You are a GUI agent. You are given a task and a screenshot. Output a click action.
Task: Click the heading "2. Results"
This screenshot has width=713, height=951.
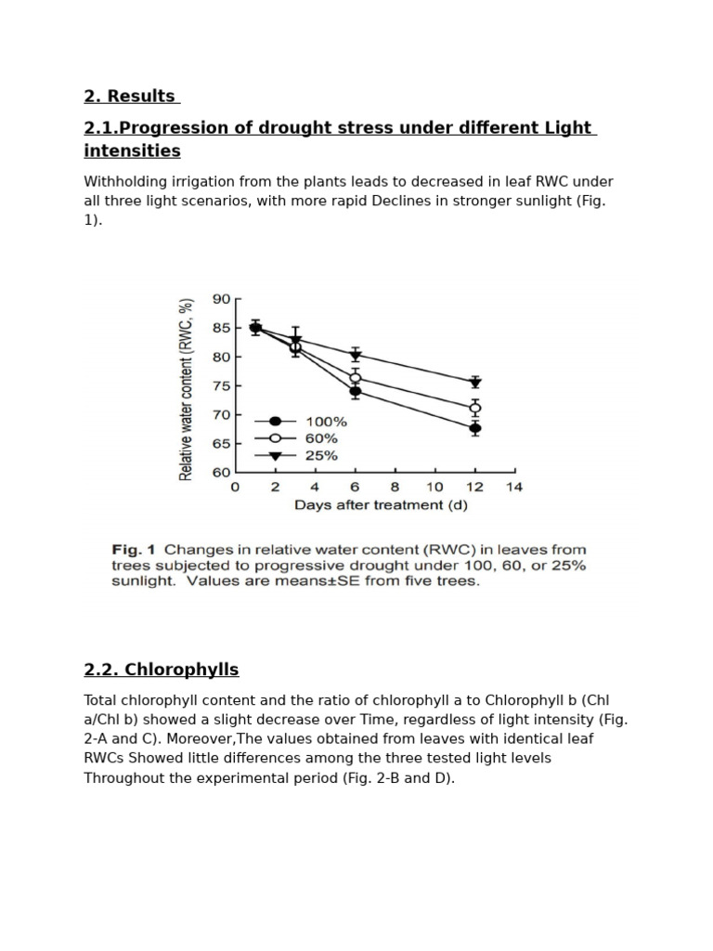[x=129, y=96]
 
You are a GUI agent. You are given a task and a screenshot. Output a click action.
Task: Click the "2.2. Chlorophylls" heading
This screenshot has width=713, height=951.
[x=161, y=670]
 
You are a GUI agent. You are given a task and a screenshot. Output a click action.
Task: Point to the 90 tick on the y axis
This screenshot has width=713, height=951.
[x=221, y=299]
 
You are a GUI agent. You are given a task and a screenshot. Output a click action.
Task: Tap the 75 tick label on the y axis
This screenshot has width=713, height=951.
[x=221, y=385]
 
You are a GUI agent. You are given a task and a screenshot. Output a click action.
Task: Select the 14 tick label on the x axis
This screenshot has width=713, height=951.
[x=513, y=487]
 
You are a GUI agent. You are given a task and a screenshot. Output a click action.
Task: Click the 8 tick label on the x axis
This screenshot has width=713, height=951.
[x=395, y=487]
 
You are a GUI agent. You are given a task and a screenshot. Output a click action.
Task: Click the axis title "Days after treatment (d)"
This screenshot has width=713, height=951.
[x=381, y=505]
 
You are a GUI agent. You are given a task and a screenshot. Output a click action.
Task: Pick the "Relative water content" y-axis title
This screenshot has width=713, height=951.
[x=187, y=389]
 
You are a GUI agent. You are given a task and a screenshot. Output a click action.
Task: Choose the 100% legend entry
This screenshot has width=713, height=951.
[x=326, y=421]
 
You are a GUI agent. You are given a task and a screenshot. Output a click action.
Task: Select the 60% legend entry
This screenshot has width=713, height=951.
[x=321, y=438]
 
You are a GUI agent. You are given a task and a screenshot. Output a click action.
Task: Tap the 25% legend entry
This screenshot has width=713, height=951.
[x=321, y=456]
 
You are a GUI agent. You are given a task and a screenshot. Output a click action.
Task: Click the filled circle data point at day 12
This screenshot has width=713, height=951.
[x=475, y=428]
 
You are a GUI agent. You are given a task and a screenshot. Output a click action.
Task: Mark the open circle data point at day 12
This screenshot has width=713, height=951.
[x=475, y=408]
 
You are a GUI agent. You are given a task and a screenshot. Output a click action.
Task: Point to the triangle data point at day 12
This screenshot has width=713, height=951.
[x=475, y=383]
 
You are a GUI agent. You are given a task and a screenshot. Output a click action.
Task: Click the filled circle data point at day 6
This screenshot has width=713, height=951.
[x=355, y=391]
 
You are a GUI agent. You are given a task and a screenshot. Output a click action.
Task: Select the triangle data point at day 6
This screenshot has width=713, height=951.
[x=355, y=356]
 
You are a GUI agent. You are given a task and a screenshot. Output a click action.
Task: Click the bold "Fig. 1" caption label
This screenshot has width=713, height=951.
[x=134, y=550]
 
